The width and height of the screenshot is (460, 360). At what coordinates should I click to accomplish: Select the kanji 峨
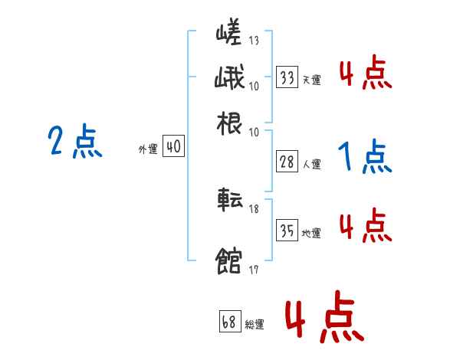point(229,79)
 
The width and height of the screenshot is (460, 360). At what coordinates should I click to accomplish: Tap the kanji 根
point(229,123)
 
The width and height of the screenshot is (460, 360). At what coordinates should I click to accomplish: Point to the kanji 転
point(229,201)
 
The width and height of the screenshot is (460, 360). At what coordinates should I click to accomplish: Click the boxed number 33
point(287,77)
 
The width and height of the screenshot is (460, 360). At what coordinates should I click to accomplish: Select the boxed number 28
point(287,161)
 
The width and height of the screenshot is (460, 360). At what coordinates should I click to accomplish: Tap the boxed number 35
point(287,230)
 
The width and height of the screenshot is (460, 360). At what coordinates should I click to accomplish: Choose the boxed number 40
point(174,146)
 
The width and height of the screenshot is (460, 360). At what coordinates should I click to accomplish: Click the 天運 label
point(311,80)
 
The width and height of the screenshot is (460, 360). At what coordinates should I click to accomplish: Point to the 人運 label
point(311,163)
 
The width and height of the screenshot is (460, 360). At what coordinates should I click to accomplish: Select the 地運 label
point(311,233)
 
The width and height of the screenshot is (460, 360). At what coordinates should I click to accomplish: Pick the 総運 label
point(254,324)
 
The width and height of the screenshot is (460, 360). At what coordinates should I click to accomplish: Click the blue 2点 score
point(74,142)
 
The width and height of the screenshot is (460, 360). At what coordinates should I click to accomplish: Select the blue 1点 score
point(364,157)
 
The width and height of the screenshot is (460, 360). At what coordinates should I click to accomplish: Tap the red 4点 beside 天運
point(365,74)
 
